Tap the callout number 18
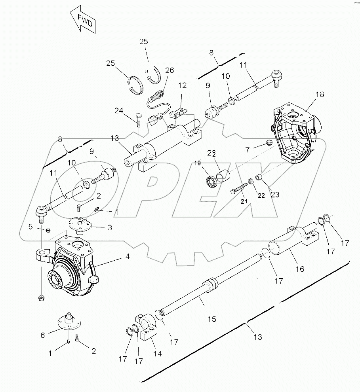click(320, 94)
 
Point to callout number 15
click(212, 319)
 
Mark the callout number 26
click(170, 70)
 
